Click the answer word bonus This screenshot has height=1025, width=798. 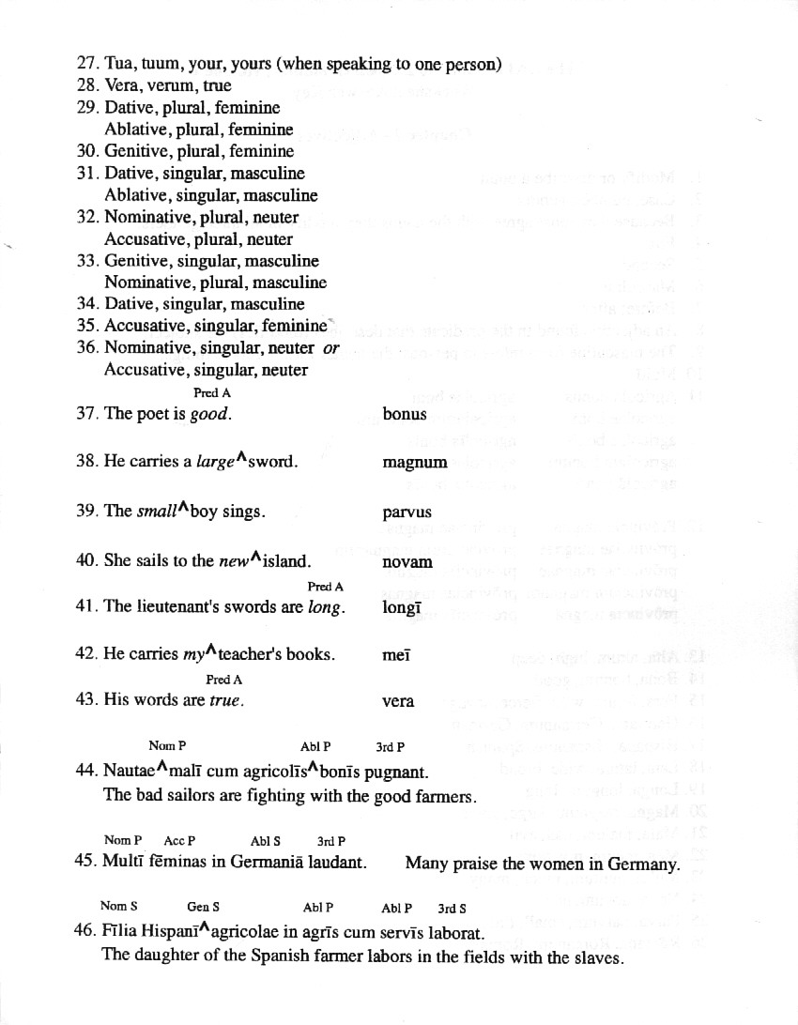pyautogui.click(x=405, y=414)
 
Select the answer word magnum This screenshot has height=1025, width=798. pyautogui.click(x=415, y=463)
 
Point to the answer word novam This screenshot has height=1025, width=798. pyautogui.click(x=407, y=562)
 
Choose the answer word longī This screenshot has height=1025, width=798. pyautogui.click(x=402, y=607)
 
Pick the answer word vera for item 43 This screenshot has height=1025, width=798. pyautogui.click(x=398, y=701)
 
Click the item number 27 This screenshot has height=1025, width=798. pyautogui.click(x=87, y=64)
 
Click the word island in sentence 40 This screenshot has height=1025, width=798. pyautogui.click(x=286, y=561)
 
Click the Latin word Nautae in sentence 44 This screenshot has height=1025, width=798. pyautogui.click(x=129, y=773)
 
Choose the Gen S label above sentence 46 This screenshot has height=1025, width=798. pyautogui.click(x=203, y=908)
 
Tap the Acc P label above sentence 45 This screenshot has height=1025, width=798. pyautogui.click(x=179, y=841)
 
